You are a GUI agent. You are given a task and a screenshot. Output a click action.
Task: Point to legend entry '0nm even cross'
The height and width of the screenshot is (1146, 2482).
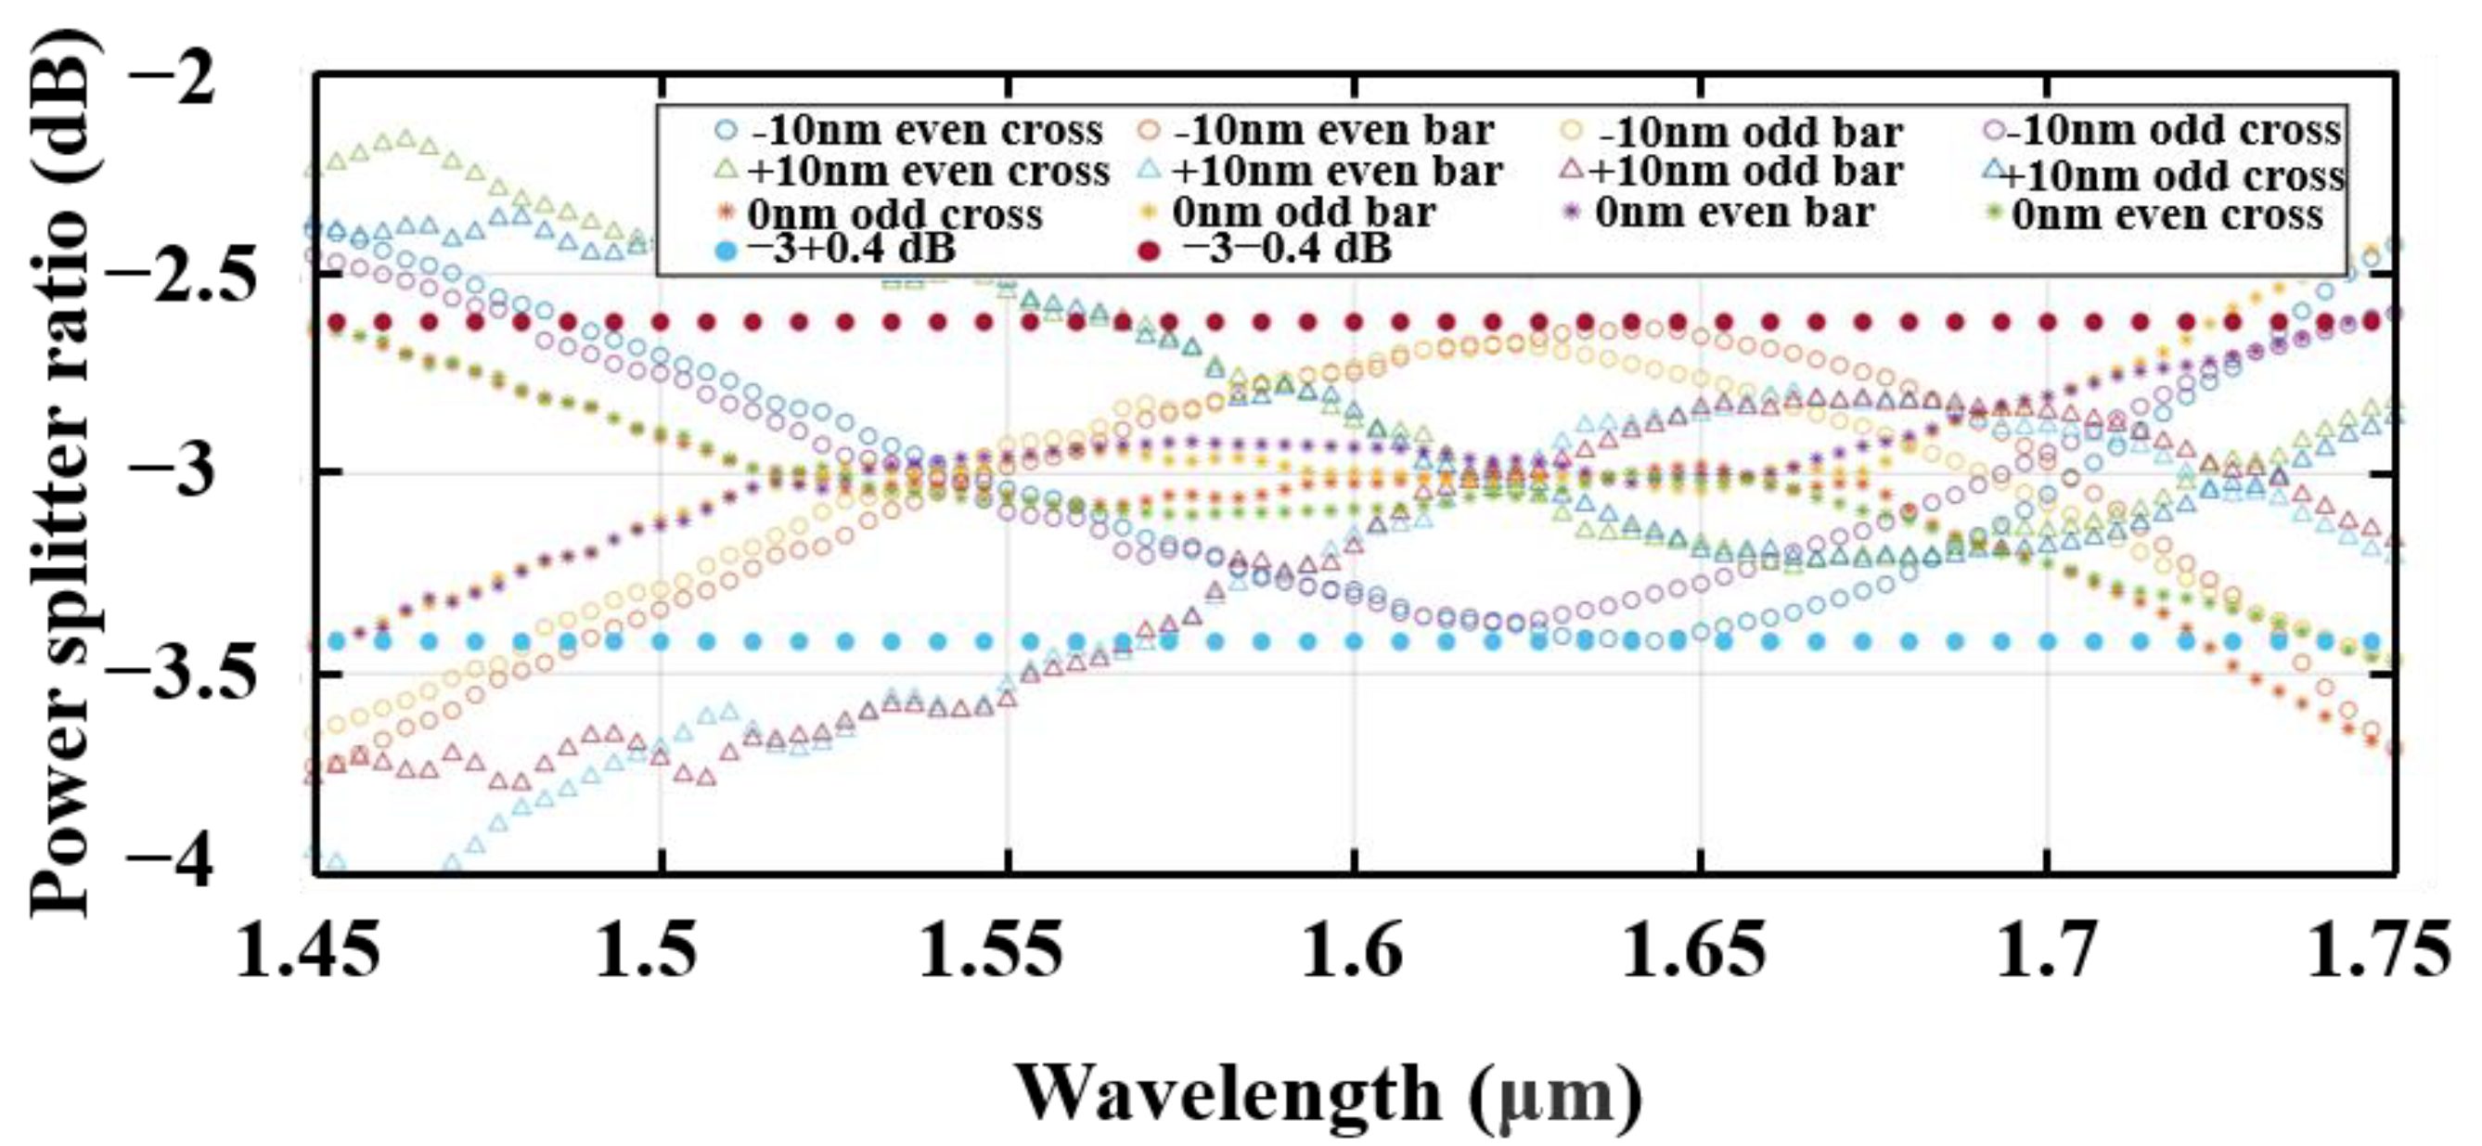[x=2167, y=213]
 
